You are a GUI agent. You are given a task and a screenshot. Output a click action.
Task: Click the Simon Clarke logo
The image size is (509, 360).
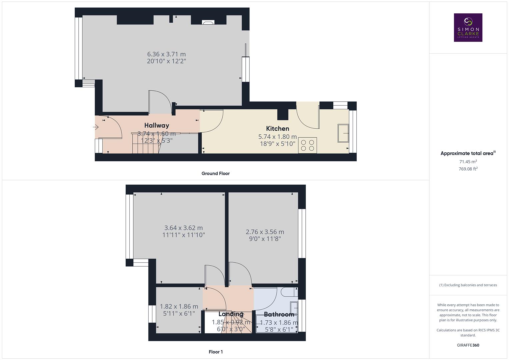coord(468,28)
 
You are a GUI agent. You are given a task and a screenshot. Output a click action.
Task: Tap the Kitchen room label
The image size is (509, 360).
coord(277,128)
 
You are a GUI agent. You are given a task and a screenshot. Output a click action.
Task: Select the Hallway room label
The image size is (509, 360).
coord(156,125)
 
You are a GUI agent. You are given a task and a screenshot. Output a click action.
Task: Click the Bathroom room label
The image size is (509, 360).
coord(279,314)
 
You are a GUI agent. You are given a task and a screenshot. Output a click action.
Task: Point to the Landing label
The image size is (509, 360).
coord(231,314)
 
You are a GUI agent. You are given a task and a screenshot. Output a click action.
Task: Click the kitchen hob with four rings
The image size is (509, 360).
coord(307,145)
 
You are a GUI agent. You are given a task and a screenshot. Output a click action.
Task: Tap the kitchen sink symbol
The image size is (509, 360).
coord(343,133)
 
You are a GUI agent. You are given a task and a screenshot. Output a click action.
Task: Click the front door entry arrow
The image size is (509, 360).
coord(96,127)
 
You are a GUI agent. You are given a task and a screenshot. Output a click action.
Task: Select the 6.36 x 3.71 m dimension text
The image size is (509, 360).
coord(166,54)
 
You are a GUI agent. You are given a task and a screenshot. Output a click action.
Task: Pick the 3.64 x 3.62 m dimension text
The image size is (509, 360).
coord(183,228)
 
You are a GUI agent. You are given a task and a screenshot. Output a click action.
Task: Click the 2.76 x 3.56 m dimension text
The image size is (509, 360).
coord(265,232)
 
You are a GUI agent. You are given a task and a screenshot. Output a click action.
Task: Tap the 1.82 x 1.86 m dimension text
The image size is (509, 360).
coord(179,306)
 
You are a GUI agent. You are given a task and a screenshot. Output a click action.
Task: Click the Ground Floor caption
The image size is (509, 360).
coord(215,173)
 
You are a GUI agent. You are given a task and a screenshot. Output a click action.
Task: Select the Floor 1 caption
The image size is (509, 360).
coord(216,352)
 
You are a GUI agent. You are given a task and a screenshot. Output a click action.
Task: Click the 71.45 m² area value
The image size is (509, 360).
coord(468,162)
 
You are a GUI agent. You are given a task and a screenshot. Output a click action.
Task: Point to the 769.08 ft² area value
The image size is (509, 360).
coord(468,169)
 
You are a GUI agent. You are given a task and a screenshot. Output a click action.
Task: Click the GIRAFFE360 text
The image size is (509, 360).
coord(468,345)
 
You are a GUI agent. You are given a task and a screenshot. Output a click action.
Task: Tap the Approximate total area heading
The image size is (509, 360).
coord(468,153)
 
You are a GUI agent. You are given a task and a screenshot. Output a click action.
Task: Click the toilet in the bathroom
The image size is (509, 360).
coord(289,292)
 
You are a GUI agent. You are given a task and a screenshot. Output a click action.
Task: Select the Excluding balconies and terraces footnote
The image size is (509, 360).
coord(468,285)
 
